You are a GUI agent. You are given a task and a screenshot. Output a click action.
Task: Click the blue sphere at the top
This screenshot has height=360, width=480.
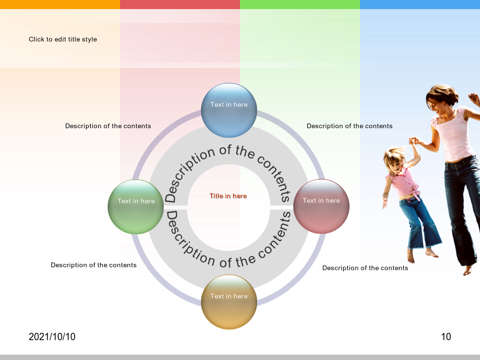(229, 110)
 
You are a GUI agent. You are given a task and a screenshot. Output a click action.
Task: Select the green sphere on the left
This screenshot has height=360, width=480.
(135, 207)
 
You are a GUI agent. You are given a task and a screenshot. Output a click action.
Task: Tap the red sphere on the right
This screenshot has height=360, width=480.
(321, 206)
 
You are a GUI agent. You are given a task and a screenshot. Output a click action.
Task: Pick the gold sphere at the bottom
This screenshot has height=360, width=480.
(229, 302)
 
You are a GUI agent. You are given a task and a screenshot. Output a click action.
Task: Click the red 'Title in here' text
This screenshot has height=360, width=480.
(228, 196)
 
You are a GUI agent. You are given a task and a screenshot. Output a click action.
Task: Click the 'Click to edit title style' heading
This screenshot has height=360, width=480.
(63, 39)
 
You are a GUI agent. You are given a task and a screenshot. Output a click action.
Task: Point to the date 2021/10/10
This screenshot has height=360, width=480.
(52, 337)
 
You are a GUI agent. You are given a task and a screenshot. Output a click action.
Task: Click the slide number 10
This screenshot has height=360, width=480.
(446, 337)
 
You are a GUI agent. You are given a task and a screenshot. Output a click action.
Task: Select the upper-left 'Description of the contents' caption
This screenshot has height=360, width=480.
(108, 126)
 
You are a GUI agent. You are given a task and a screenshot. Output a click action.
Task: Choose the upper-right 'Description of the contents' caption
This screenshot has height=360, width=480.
(349, 126)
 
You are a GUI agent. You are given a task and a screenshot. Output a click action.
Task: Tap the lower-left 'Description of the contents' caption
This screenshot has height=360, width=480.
(94, 265)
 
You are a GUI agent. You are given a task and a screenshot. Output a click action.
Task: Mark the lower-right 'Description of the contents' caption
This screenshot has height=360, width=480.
(365, 268)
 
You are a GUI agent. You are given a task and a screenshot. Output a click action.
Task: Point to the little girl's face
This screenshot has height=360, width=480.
(396, 165)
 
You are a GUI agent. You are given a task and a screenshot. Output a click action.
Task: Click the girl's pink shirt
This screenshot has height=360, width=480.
(404, 182)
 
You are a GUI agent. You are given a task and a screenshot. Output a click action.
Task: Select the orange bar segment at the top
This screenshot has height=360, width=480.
(60, 4)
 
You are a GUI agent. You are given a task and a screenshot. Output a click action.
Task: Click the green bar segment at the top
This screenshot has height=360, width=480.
(300, 4)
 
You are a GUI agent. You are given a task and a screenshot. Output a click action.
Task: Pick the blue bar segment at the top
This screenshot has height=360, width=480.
(420, 4)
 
